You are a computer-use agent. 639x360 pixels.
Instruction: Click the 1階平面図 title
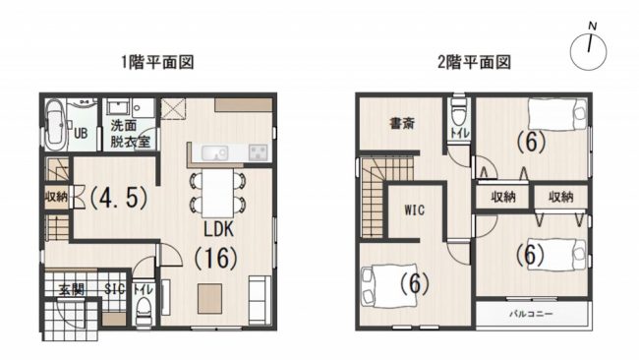[157, 62]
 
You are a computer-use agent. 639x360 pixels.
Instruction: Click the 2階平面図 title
[474, 62]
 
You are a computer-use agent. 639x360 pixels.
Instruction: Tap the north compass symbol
[589, 49]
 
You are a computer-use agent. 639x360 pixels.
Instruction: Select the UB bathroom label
[81, 133]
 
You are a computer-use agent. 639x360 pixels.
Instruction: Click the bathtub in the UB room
[55, 125]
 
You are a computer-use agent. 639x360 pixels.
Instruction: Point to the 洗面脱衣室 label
[131, 134]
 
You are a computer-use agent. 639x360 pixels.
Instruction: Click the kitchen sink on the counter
[214, 153]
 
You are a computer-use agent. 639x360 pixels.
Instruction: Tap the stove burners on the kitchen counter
[258, 152]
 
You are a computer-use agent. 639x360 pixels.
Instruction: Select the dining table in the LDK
[218, 193]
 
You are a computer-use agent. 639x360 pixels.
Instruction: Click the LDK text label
[219, 229]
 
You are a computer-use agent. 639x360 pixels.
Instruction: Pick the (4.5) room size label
[118, 198]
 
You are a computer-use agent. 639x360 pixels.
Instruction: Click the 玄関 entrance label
[72, 289]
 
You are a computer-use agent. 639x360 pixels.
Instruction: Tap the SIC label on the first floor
[114, 289]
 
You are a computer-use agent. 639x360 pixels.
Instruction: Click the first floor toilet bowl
[144, 310]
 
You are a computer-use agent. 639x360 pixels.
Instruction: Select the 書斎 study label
[403, 123]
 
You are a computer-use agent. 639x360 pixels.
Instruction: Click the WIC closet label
[415, 210]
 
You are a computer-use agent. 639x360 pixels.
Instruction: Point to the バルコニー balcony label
[531, 314]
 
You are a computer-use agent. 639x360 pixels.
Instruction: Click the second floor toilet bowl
[459, 112]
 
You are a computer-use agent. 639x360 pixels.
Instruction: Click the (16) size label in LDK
[216, 258]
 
